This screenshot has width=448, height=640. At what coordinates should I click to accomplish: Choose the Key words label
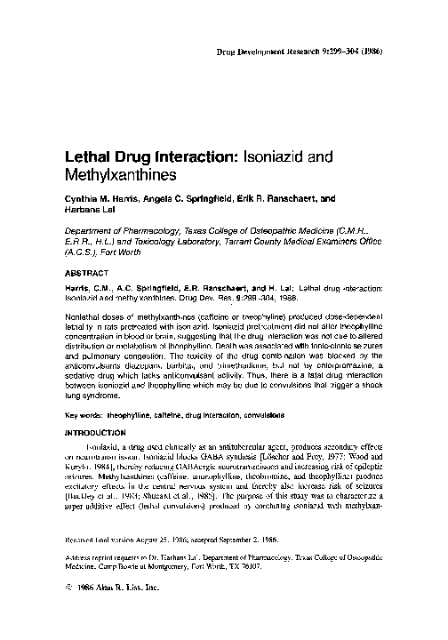pos(89,391)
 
